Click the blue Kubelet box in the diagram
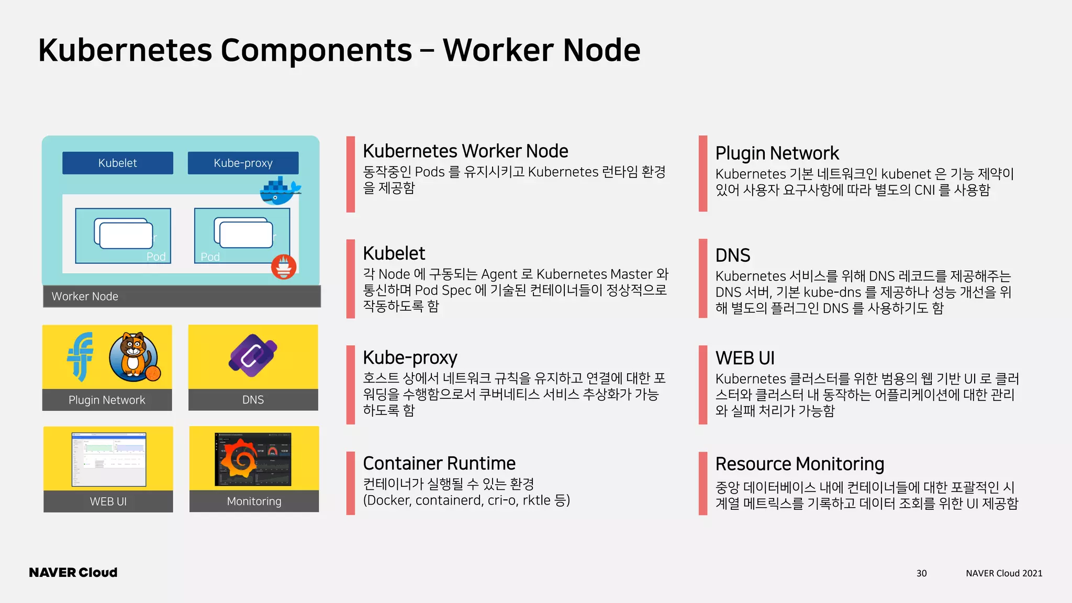[x=118, y=163]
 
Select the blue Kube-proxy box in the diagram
[x=243, y=163]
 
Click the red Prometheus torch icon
[x=284, y=266]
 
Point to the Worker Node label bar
[x=182, y=296]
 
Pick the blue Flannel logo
[x=81, y=356]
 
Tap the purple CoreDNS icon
[x=253, y=356]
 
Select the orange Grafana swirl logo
[x=239, y=459]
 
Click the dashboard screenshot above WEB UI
[x=108, y=459]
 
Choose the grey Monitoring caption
[x=254, y=501]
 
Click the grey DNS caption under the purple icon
[x=253, y=400]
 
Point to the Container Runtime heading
[x=439, y=464]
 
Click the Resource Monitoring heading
[x=799, y=464]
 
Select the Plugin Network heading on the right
[x=777, y=153]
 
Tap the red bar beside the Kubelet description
[x=351, y=279]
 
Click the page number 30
[x=921, y=573]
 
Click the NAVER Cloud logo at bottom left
[x=73, y=573]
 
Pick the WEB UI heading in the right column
[x=745, y=359]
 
